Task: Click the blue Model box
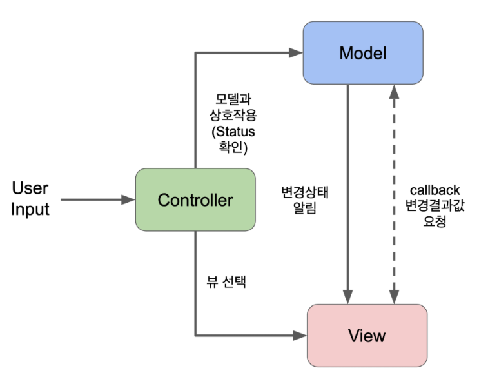click(362, 53)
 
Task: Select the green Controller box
click(195, 199)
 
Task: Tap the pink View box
click(366, 335)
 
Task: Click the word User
click(30, 188)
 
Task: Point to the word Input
click(30, 209)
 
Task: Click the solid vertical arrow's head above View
click(348, 298)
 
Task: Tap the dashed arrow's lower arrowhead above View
click(393, 298)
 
